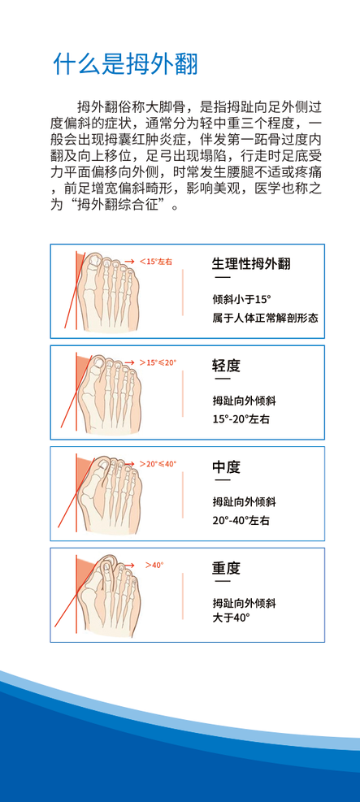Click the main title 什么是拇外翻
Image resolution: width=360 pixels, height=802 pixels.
pos(125,64)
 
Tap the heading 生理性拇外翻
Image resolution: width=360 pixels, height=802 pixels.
pos(251,264)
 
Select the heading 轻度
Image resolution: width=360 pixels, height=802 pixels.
pos(226,366)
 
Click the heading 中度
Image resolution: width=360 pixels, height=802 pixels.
pos(226,467)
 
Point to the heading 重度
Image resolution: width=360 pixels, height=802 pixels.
pos(226,568)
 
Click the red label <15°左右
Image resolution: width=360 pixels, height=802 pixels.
pos(155,262)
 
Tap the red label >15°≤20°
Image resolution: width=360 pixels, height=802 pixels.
pos(158,362)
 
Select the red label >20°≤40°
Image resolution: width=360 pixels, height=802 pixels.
pos(158,463)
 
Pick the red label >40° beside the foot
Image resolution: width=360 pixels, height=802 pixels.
pos(154,566)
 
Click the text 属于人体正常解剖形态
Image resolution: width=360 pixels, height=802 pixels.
pos(266,319)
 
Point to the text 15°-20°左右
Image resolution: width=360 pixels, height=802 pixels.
pos(241,419)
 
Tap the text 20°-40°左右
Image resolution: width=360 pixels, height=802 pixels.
pos(241,521)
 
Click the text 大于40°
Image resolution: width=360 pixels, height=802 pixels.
pos(231,617)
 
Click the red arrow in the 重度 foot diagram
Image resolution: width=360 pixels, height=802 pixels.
pos(128,566)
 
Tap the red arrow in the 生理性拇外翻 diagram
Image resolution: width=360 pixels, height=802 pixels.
pos(129,262)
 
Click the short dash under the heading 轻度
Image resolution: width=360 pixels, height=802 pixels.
pos(222,379)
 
